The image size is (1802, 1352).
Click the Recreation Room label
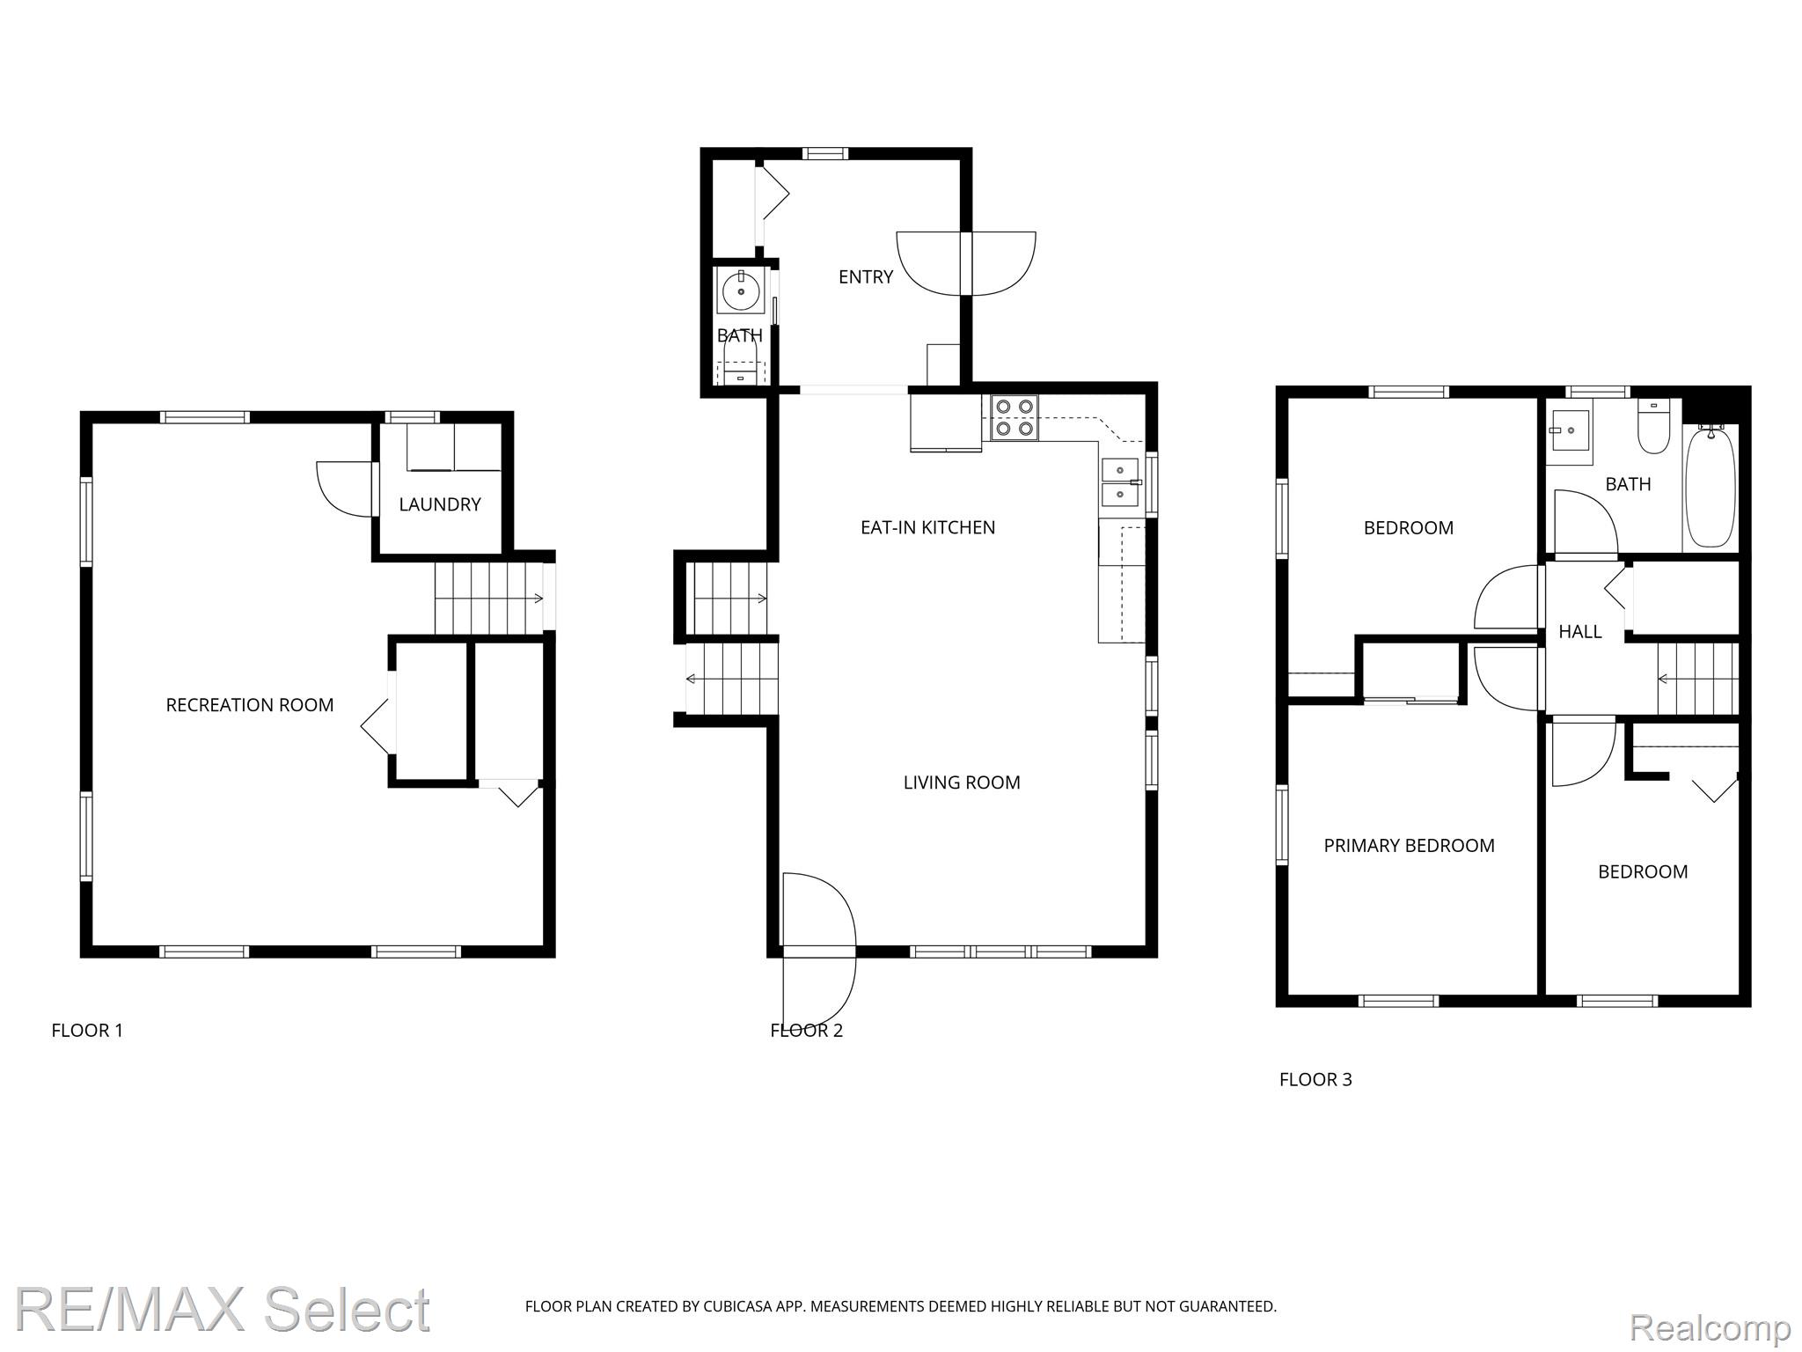click(x=250, y=705)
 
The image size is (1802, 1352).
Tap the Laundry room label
click(x=440, y=504)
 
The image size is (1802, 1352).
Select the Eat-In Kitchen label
click(x=928, y=527)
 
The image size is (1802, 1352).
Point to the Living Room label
click(x=962, y=783)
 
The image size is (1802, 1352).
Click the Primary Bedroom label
click(x=1410, y=846)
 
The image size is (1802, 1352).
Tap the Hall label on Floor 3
click(x=1580, y=631)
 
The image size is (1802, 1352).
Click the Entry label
click(x=866, y=277)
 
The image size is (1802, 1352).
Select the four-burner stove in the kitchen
click(x=1015, y=418)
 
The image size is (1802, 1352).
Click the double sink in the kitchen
click(x=1120, y=483)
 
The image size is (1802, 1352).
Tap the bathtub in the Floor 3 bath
click(x=1711, y=487)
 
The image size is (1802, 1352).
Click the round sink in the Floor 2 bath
click(x=741, y=291)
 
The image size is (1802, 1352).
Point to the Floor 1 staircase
click(x=489, y=599)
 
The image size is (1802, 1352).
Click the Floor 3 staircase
click(x=1698, y=679)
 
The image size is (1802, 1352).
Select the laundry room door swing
click(x=344, y=489)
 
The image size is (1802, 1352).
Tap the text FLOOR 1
click(x=87, y=1031)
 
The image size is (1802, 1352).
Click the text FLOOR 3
click(x=1315, y=1080)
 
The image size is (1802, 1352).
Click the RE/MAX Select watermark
click(x=223, y=1309)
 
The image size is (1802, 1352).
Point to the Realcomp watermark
click(x=1710, y=1326)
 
